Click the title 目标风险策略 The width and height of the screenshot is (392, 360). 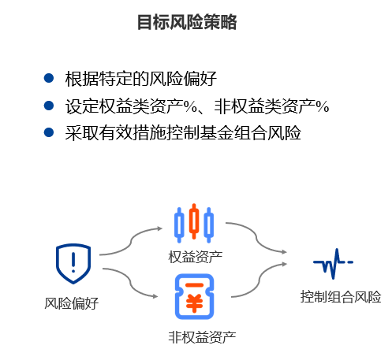[x=187, y=22]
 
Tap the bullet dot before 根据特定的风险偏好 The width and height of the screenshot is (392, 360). [x=49, y=78]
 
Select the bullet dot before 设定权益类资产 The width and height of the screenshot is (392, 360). [x=49, y=106]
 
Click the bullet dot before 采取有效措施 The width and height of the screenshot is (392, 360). [x=49, y=132]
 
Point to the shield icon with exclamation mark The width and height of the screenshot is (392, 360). [x=73, y=264]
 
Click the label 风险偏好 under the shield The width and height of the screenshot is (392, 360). [x=71, y=303]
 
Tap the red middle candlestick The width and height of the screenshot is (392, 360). [x=194, y=221]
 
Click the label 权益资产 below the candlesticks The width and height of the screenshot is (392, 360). [x=196, y=257]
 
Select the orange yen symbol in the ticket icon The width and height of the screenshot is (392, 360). [x=194, y=302]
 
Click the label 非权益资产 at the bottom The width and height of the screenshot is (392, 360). [x=202, y=337]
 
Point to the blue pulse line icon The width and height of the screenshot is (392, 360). [x=333, y=263]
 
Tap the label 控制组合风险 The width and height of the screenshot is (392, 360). [x=341, y=297]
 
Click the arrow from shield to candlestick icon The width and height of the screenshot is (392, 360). [x=131, y=242]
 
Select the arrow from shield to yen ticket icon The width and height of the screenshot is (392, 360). [x=131, y=283]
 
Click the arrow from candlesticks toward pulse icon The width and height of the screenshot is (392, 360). [x=256, y=237]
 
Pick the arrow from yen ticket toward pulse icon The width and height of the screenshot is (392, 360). [x=259, y=280]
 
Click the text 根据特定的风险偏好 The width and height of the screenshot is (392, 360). [x=141, y=78]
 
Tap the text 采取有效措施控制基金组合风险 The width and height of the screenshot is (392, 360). [x=183, y=132]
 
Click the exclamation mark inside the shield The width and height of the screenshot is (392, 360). [x=73, y=262]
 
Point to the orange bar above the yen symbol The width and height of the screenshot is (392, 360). [x=194, y=285]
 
